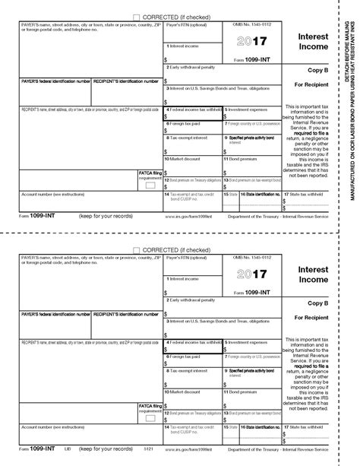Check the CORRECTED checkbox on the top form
tap(136, 16)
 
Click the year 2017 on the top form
tap(251, 43)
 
